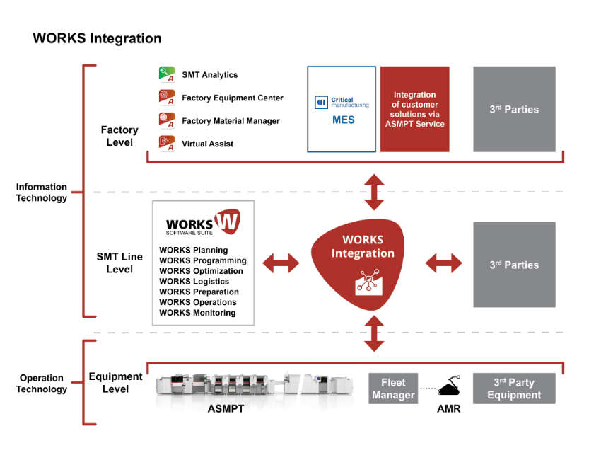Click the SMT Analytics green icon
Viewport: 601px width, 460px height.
tap(167, 74)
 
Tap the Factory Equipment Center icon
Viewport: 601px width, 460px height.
tap(167, 98)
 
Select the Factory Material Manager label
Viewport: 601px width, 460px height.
tap(231, 121)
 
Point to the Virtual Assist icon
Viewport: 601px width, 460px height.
tap(167, 144)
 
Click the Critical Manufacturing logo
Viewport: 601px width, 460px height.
tap(342, 103)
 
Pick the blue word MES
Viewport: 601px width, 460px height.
tap(344, 120)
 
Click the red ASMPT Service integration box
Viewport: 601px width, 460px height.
tap(415, 110)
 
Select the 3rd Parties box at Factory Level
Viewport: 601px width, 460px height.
tap(514, 110)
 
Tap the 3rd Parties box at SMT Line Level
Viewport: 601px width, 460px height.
tap(514, 265)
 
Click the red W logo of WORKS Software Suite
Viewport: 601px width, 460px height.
tap(227, 221)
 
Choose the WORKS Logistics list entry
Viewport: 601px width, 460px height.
tap(194, 281)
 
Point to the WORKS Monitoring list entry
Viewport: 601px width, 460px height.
tap(197, 313)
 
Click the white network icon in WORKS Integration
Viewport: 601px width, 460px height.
tap(368, 282)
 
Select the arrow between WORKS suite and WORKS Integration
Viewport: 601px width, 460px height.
tap(281, 263)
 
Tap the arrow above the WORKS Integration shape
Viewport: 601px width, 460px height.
tap(374, 192)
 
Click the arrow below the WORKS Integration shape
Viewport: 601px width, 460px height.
tap(374, 334)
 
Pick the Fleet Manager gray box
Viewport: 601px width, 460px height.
tap(393, 389)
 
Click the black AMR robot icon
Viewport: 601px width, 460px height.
tap(449, 386)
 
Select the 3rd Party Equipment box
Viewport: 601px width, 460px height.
tap(514, 389)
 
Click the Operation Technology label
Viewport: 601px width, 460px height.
tap(42, 384)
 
